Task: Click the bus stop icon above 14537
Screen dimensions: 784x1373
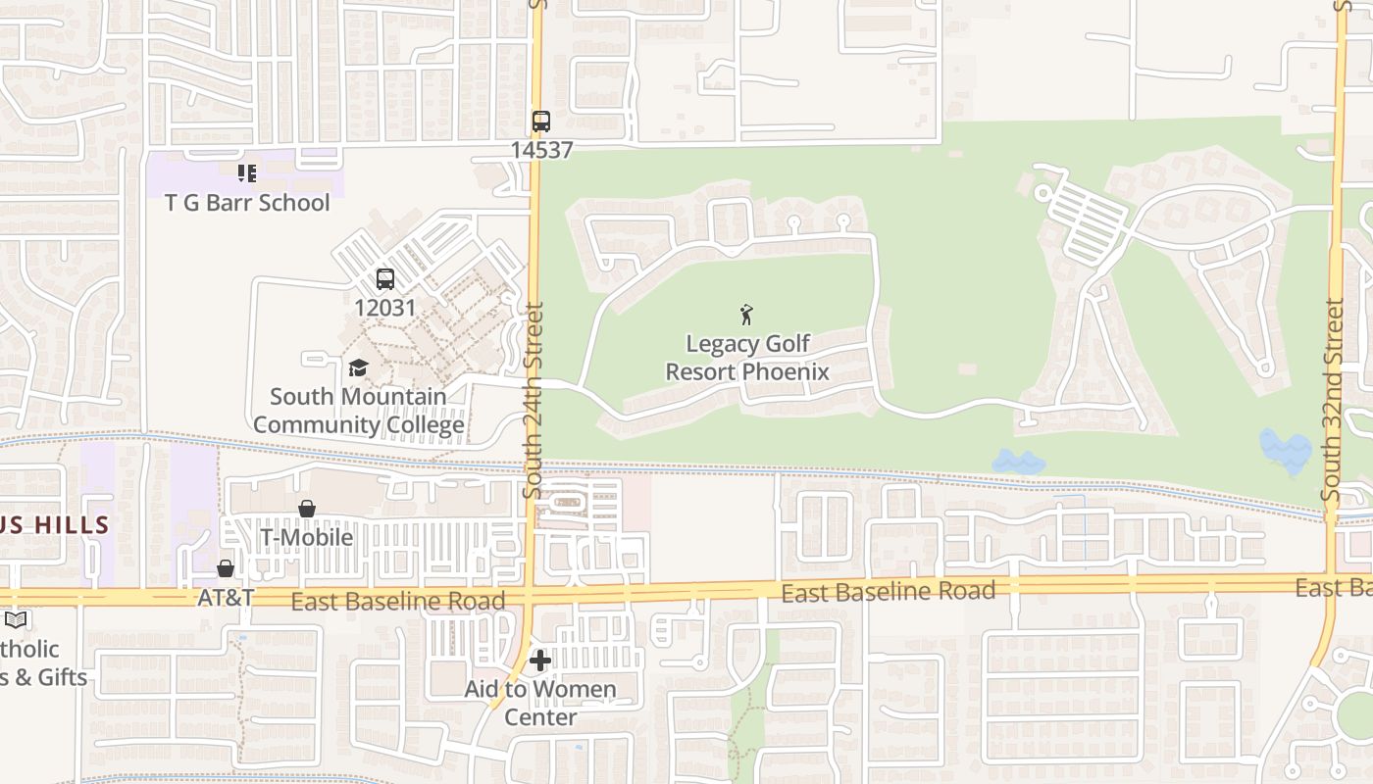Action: click(x=540, y=122)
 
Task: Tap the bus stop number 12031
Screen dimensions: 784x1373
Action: click(x=384, y=308)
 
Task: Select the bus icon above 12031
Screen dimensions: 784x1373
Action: click(x=385, y=279)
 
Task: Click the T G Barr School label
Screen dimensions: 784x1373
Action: click(x=247, y=203)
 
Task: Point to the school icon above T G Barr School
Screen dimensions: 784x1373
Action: click(x=247, y=173)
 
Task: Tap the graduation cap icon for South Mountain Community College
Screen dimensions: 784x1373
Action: click(x=358, y=367)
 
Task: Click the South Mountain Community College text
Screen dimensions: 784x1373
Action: click(x=359, y=411)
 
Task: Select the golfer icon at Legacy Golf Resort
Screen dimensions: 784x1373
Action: click(x=746, y=315)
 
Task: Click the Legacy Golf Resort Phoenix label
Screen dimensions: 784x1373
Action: click(x=747, y=358)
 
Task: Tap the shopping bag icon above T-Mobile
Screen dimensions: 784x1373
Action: click(x=307, y=509)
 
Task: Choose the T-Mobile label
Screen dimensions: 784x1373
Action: click(x=306, y=537)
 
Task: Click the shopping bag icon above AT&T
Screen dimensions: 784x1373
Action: click(x=226, y=568)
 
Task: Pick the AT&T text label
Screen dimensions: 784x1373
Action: click(x=226, y=597)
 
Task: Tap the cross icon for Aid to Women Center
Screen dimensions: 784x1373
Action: click(x=540, y=661)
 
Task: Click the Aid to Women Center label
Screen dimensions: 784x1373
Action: click(x=540, y=703)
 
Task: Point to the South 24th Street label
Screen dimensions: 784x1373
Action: click(x=534, y=400)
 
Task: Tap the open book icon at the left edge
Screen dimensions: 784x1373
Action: click(x=15, y=620)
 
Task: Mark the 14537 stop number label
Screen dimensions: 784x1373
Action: click(x=541, y=150)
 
